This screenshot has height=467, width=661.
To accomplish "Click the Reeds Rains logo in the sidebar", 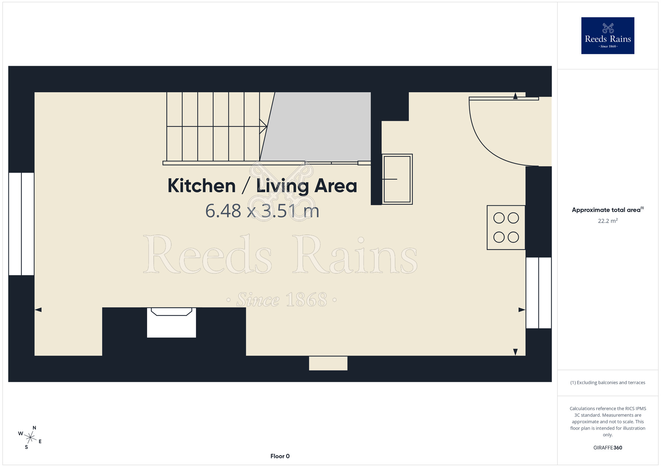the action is (607, 36).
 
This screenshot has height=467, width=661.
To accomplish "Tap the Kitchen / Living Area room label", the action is (262, 186).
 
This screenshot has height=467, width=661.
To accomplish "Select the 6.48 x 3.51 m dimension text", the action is (262, 211).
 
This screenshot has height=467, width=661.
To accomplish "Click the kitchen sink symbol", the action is (397, 179).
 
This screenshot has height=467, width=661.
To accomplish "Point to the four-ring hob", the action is (506, 228).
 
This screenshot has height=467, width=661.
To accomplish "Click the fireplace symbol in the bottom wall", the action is (172, 322).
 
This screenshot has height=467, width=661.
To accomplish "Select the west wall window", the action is (21, 224).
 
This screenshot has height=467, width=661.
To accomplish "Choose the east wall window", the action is (539, 293).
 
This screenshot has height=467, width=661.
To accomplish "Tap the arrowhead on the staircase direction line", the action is (264, 126).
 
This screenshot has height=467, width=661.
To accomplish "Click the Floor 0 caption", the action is (280, 456).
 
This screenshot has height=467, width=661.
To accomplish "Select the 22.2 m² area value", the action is (608, 221).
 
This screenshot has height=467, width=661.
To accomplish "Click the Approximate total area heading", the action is (608, 210).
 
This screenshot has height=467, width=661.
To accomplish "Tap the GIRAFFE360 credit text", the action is (608, 448).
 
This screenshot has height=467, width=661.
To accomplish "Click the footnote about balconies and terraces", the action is (608, 382).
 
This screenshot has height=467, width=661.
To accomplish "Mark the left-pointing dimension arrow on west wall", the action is (38, 310).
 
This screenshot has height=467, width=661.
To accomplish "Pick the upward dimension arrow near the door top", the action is (515, 96).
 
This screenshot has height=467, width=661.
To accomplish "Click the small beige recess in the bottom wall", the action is (328, 363).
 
